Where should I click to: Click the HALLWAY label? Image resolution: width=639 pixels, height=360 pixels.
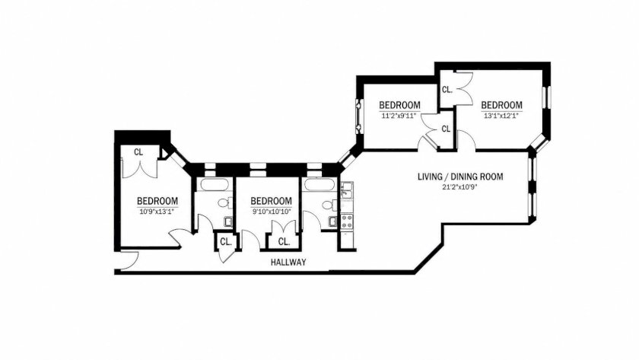point(288,263)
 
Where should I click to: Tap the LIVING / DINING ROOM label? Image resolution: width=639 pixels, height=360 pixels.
point(460,177)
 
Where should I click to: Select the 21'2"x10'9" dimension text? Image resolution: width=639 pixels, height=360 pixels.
point(460,187)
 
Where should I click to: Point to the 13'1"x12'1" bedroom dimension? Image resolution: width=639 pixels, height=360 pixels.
point(501,116)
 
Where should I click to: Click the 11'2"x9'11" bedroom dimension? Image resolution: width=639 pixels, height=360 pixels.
point(399,116)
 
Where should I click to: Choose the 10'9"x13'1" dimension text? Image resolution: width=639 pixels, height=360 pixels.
point(157,211)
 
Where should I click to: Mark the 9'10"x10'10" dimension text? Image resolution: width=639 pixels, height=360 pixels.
point(271,211)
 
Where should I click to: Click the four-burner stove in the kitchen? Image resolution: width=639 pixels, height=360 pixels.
point(347,221)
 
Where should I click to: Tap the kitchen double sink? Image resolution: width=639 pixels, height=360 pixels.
point(347,190)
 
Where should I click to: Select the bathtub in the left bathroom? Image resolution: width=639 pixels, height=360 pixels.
point(214,184)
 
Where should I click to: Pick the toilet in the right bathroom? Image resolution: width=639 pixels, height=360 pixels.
point(329,204)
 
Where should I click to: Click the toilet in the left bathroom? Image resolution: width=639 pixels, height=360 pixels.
point(225,202)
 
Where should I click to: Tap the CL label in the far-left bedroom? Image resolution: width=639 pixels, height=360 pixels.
point(138,152)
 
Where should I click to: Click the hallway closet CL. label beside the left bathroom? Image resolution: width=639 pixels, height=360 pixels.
point(226,241)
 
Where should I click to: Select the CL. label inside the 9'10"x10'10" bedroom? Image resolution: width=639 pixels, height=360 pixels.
point(284,241)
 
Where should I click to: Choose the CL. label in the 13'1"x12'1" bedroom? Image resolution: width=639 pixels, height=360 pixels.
point(447,89)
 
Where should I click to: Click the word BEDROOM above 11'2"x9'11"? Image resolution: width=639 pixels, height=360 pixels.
point(399,105)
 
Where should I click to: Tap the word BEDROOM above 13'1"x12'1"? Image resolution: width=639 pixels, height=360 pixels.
point(501,105)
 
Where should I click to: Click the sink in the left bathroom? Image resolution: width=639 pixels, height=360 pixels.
point(228,221)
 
